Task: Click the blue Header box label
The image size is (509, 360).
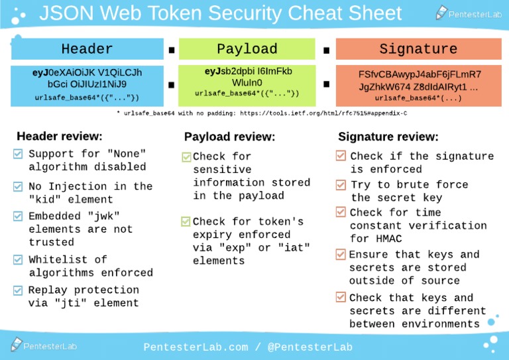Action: pos(87,49)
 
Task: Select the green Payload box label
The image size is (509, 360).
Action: pos(247,49)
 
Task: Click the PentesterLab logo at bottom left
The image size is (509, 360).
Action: pos(44,345)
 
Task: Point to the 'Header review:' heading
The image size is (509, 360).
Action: pos(59,136)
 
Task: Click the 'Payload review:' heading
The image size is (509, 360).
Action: pos(229,137)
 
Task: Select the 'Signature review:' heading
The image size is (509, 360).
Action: pos(388,137)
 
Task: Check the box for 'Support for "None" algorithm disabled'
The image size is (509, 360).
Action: pos(18,154)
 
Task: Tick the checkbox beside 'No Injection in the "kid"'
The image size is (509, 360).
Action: pos(18,186)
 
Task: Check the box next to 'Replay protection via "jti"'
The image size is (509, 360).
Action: pos(18,290)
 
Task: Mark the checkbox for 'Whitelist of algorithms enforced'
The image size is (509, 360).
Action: pos(18,259)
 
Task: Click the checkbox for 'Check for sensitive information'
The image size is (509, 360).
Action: pos(186,157)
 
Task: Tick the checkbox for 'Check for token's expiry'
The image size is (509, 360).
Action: pos(186,221)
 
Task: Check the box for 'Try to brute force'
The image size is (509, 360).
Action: pos(341,184)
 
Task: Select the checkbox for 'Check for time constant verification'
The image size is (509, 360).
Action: pos(341,212)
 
